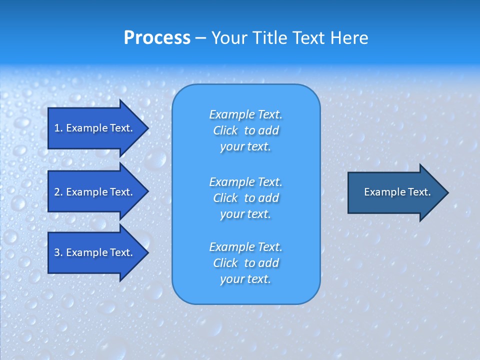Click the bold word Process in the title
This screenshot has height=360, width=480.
(x=157, y=38)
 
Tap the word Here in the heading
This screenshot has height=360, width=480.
(x=348, y=38)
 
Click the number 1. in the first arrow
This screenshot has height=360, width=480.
(x=58, y=128)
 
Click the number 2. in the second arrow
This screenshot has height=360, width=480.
(x=58, y=192)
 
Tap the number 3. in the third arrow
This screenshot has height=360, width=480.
(x=58, y=252)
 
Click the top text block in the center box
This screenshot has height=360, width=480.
(x=245, y=130)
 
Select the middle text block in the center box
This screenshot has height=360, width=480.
(x=245, y=198)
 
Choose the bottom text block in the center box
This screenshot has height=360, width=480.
(x=245, y=263)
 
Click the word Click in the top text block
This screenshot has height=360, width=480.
(x=225, y=130)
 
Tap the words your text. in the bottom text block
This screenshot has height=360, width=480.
(x=245, y=279)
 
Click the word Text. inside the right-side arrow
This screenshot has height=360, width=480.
(x=419, y=192)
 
